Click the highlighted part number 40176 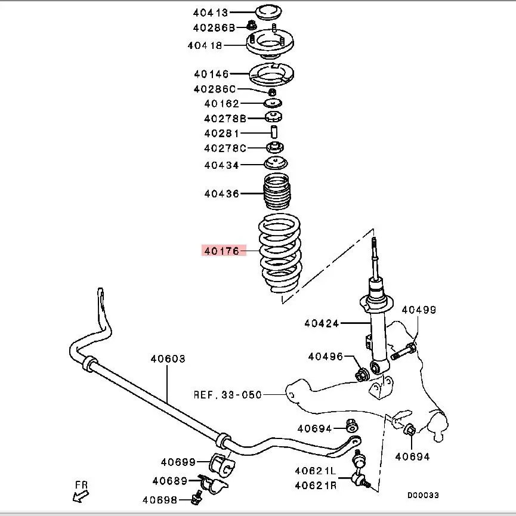tap(221, 251)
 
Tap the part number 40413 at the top tap(211, 12)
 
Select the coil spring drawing tap(280, 254)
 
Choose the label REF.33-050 tap(228, 395)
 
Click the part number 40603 tap(168, 359)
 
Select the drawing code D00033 tap(423, 495)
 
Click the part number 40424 tap(322, 324)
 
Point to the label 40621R tap(316, 485)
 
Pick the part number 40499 tap(418, 310)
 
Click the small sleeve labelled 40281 tap(274, 132)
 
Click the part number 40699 tap(178, 462)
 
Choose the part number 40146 tap(211, 74)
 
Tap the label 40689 tap(170, 481)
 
